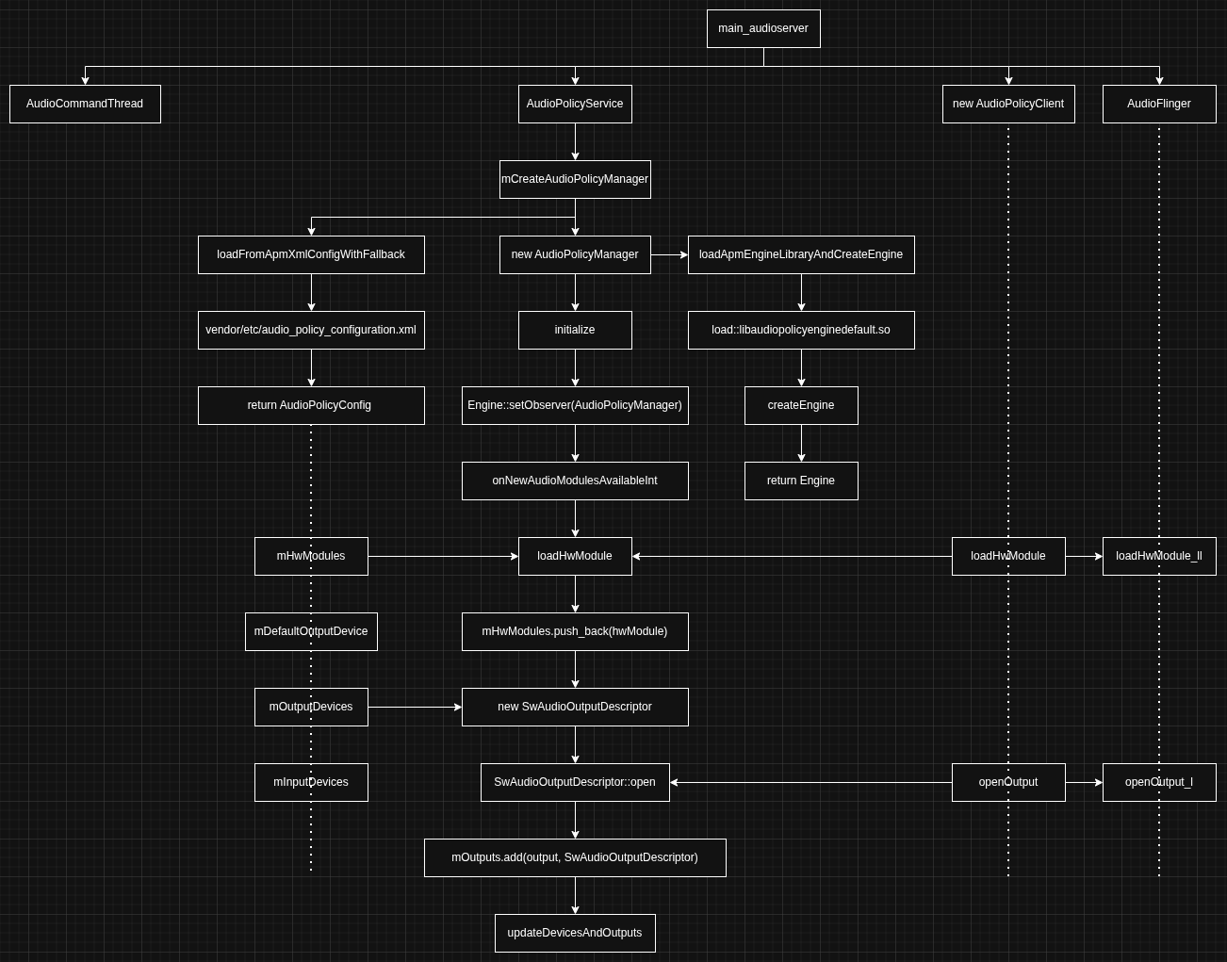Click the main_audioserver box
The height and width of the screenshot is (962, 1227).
pyautogui.click(x=763, y=28)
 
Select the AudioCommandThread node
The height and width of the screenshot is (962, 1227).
pyautogui.click(x=85, y=104)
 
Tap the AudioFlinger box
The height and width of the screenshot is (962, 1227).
pyautogui.click(x=1159, y=104)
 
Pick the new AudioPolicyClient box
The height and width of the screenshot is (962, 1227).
pyautogui.click(x=1008, y=104)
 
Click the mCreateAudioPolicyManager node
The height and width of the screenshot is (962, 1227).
pyautogui.click(x=575, y=179)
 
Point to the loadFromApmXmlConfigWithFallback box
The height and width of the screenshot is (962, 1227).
pyautogui.click(x=311, y=254)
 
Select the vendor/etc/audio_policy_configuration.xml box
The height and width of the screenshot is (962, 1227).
pyautogui.click(x=311, y=330)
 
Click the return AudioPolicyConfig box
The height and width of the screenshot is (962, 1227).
pyautogui.click(x=311, y=405)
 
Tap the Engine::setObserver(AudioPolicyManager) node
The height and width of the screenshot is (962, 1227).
pyautogui.click(x=575, y=405)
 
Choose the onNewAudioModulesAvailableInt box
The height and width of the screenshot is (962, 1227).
pyautogui.click(x=575, y=481)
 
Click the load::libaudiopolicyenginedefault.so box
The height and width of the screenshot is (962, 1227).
pyautogui.click(x=801, y=330)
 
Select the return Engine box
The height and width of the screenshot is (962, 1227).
pyautogui.click(x=801, y=481)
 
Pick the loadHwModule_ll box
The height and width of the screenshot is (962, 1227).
pyautogui.click(x=1159, y=556)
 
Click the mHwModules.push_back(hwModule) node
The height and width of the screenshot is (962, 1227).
pyautogui.click(x=575, y=631)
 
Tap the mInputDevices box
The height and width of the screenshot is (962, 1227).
pyautogui.click(x=311, y=782)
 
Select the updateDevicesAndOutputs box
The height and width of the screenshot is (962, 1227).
pyautogui.click(x=575, y=933)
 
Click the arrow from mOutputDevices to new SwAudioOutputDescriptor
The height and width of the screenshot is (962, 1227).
pyautogui.click(x=415, y=707)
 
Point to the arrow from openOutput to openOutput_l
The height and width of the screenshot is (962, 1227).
pyautogui.click(x=1084, y=782)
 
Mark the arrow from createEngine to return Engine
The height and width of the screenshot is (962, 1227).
pyautogui.click(x=801, y=443)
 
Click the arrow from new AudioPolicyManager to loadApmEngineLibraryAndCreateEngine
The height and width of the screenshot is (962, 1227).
pyautogui.click(x=669, y=254)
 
